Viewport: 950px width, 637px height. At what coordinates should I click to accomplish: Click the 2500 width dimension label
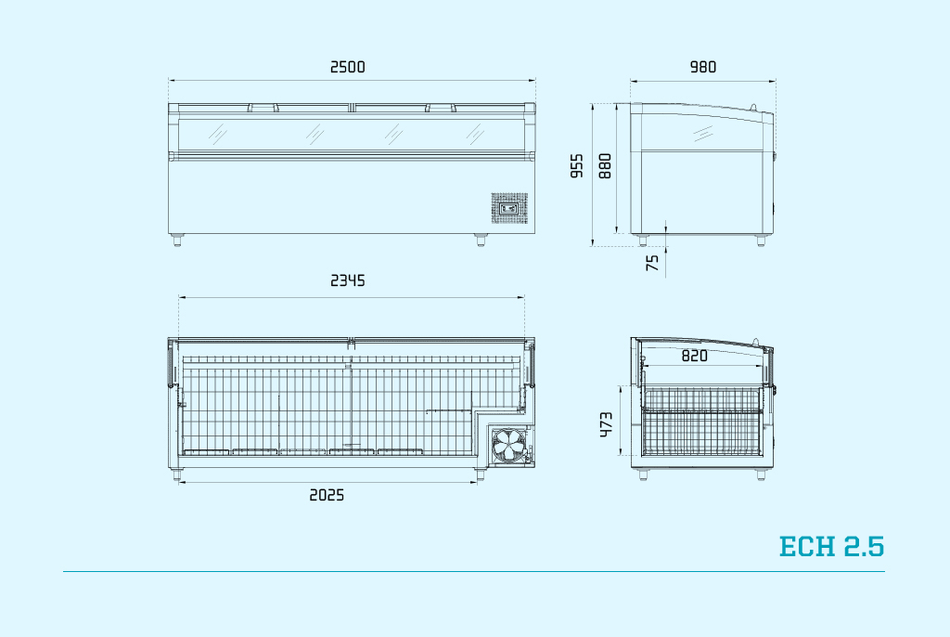[x=348, y=67]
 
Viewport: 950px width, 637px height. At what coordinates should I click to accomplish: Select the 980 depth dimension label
[x=703, y=67]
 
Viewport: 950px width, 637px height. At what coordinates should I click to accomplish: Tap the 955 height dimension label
[x=577, y=165]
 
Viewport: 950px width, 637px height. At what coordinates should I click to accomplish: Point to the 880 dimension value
[x=605, y=165]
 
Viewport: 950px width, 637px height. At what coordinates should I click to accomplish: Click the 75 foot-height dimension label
[x=652, y=263]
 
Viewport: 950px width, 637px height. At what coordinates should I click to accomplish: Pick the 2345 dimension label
[x=348, y=280]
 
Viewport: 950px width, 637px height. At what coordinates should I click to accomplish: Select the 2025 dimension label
[x=327, y=495]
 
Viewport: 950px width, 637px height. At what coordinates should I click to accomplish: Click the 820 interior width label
[x=694, y=356]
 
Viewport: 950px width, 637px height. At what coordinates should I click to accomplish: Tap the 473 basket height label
[x=606, y=424]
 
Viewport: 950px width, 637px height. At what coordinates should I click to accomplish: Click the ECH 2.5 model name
[x=831, y=546]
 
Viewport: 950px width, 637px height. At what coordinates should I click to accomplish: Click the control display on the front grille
[x=509, y=209]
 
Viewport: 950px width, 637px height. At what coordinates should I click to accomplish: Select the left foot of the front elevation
[x=177, y=240]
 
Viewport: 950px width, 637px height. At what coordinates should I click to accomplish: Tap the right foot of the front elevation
[x=481, y=240]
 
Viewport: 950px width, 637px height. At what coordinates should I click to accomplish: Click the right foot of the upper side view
[x=761, y=240]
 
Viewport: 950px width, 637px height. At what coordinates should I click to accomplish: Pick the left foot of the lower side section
[x=643, y=474]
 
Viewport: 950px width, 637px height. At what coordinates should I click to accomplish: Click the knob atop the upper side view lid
[x=753, y=108]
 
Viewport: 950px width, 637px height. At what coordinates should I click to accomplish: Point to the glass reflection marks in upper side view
[x=703, y=134]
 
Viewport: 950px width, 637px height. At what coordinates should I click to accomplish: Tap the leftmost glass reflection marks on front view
[x=217, y=134]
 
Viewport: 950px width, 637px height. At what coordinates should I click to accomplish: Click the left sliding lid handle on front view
[x=263, y=108]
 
